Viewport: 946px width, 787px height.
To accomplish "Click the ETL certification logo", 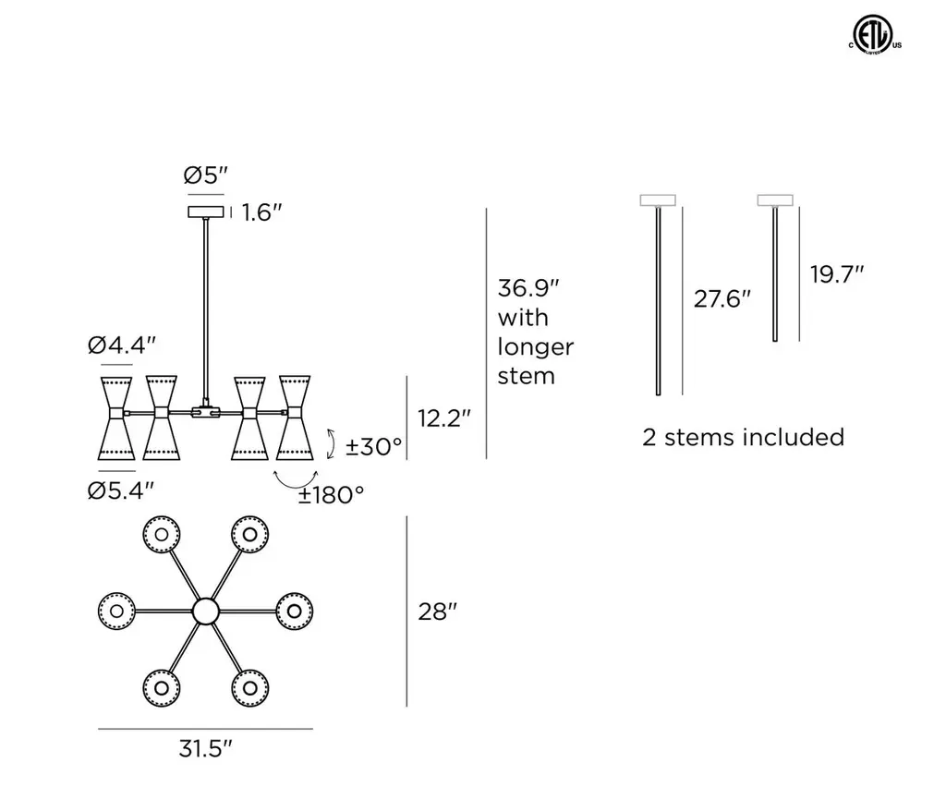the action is [x=875, y=35].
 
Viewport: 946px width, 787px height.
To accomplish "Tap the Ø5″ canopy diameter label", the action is [x=206, y=176].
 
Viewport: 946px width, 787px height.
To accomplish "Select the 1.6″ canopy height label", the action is [x=261, y=212].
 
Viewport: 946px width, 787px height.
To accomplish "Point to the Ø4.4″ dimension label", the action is [x=122, y=345].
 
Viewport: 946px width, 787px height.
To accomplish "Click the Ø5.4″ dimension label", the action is [x=121, y=490].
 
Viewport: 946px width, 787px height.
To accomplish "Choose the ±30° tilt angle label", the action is [x=373, y=447].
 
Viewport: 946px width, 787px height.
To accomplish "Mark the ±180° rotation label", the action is [x=332, y=495].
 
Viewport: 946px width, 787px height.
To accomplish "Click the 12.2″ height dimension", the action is [x=444, y=418].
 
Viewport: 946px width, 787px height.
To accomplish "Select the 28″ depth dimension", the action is [x=438, y=611].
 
